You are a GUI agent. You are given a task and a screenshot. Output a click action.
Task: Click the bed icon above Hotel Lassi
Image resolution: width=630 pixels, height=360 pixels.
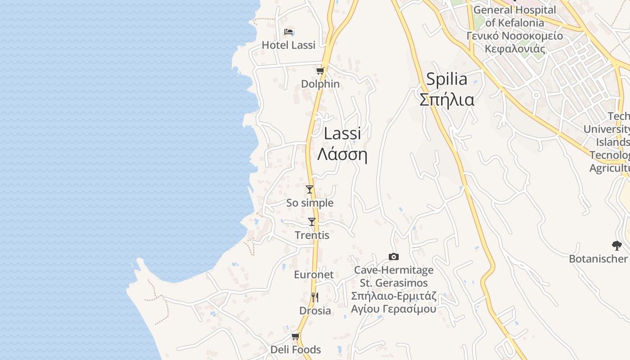click(288, 32)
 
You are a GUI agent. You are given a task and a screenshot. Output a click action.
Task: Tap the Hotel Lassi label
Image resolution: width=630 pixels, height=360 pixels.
click(288, 45)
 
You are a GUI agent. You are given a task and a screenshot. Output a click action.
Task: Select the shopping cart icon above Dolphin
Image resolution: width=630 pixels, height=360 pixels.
click(320, 71)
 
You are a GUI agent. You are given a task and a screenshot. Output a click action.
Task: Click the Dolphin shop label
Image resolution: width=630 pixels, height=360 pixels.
click(320, 84)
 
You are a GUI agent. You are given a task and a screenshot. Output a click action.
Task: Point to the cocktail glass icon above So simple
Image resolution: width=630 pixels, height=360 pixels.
click(309, 189)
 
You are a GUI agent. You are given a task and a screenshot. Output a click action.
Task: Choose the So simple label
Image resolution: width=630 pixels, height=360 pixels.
click(310, 203)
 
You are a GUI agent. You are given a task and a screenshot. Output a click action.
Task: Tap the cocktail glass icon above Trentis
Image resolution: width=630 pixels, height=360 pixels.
click(311, 222)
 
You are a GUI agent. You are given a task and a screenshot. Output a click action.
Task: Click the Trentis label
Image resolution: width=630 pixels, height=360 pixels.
click(312, 235)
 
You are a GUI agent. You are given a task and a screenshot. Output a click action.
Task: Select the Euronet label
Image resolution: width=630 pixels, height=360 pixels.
click(314, 275)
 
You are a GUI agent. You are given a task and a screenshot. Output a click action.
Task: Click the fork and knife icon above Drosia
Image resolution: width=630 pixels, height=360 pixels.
click(315, 297)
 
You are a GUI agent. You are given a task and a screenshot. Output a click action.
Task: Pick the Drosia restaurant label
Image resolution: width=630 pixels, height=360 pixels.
click(315, 311)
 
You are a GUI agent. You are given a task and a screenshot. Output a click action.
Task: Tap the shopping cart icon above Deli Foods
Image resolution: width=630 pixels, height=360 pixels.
click(295, 337)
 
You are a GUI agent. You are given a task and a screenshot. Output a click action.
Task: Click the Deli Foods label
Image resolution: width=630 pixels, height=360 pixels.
click(296, 350)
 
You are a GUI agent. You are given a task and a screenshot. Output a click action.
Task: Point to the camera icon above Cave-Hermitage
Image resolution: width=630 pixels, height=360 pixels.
click(394, 256)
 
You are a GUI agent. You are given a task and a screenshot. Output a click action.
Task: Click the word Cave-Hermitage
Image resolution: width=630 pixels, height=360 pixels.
click(394, 270)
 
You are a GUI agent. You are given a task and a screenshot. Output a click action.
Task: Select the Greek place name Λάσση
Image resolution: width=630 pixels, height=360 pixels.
click(342, 154)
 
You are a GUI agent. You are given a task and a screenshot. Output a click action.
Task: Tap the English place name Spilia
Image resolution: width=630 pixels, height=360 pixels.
click(446, 79)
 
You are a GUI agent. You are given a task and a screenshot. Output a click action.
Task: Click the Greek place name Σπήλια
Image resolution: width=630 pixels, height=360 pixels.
click(446, 99)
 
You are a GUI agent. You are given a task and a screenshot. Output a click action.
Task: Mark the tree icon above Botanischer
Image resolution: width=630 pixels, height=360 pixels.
click(617, 246)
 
